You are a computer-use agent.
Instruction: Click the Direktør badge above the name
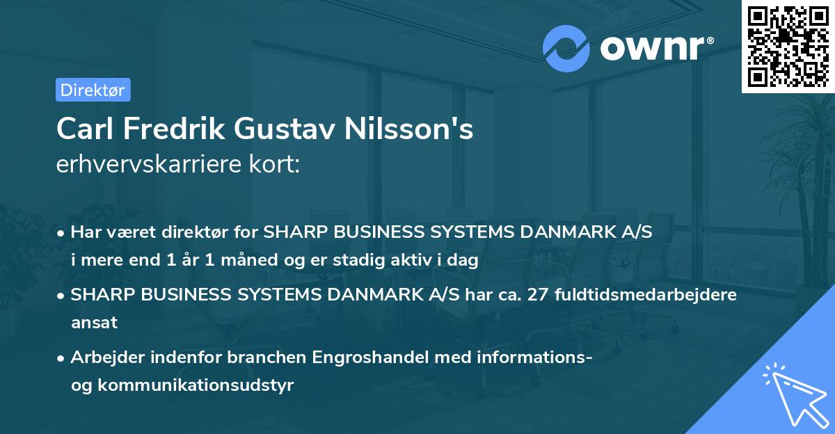93,90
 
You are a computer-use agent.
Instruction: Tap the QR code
787,46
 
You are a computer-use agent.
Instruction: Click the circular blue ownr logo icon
566,49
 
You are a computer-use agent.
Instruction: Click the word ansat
94,323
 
